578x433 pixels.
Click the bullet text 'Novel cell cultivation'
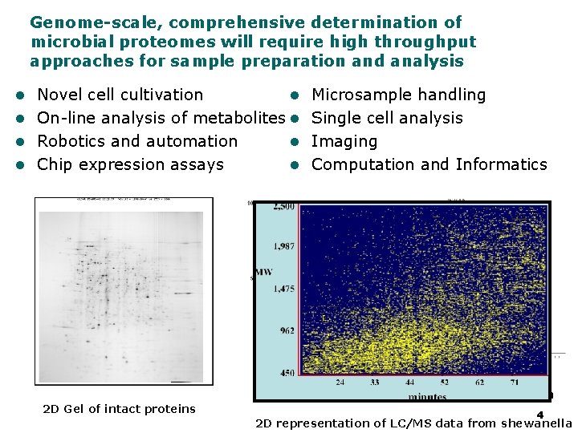pyautogui.click(x=120, y=95)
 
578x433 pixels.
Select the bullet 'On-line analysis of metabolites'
pyautogui.click(x=161, y=118)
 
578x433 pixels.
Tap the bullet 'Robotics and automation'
pyautogui.click(x=137, y=141)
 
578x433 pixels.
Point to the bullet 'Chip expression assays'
pyautogui.click(x=130, y=164)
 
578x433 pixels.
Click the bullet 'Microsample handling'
pyautogui.click(x=398, y=95)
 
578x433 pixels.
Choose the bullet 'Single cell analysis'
pyautogui.click(x=387, y=118)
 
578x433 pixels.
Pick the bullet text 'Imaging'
pyautogui.click(x=344, y=141)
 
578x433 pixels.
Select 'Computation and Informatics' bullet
pyautogui.click(x=429, y=164)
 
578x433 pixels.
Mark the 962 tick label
pyautogui.click(x=286, y=330)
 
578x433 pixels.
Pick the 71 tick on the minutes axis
pyautogui.click(x=515, y=382)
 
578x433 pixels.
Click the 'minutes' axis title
pyautogui.click(x=426, y=395)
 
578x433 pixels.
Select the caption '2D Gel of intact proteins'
pyautogui.click(x=119, y=409)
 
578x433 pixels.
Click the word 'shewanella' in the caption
pyautogui.click(x=537, y=423)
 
